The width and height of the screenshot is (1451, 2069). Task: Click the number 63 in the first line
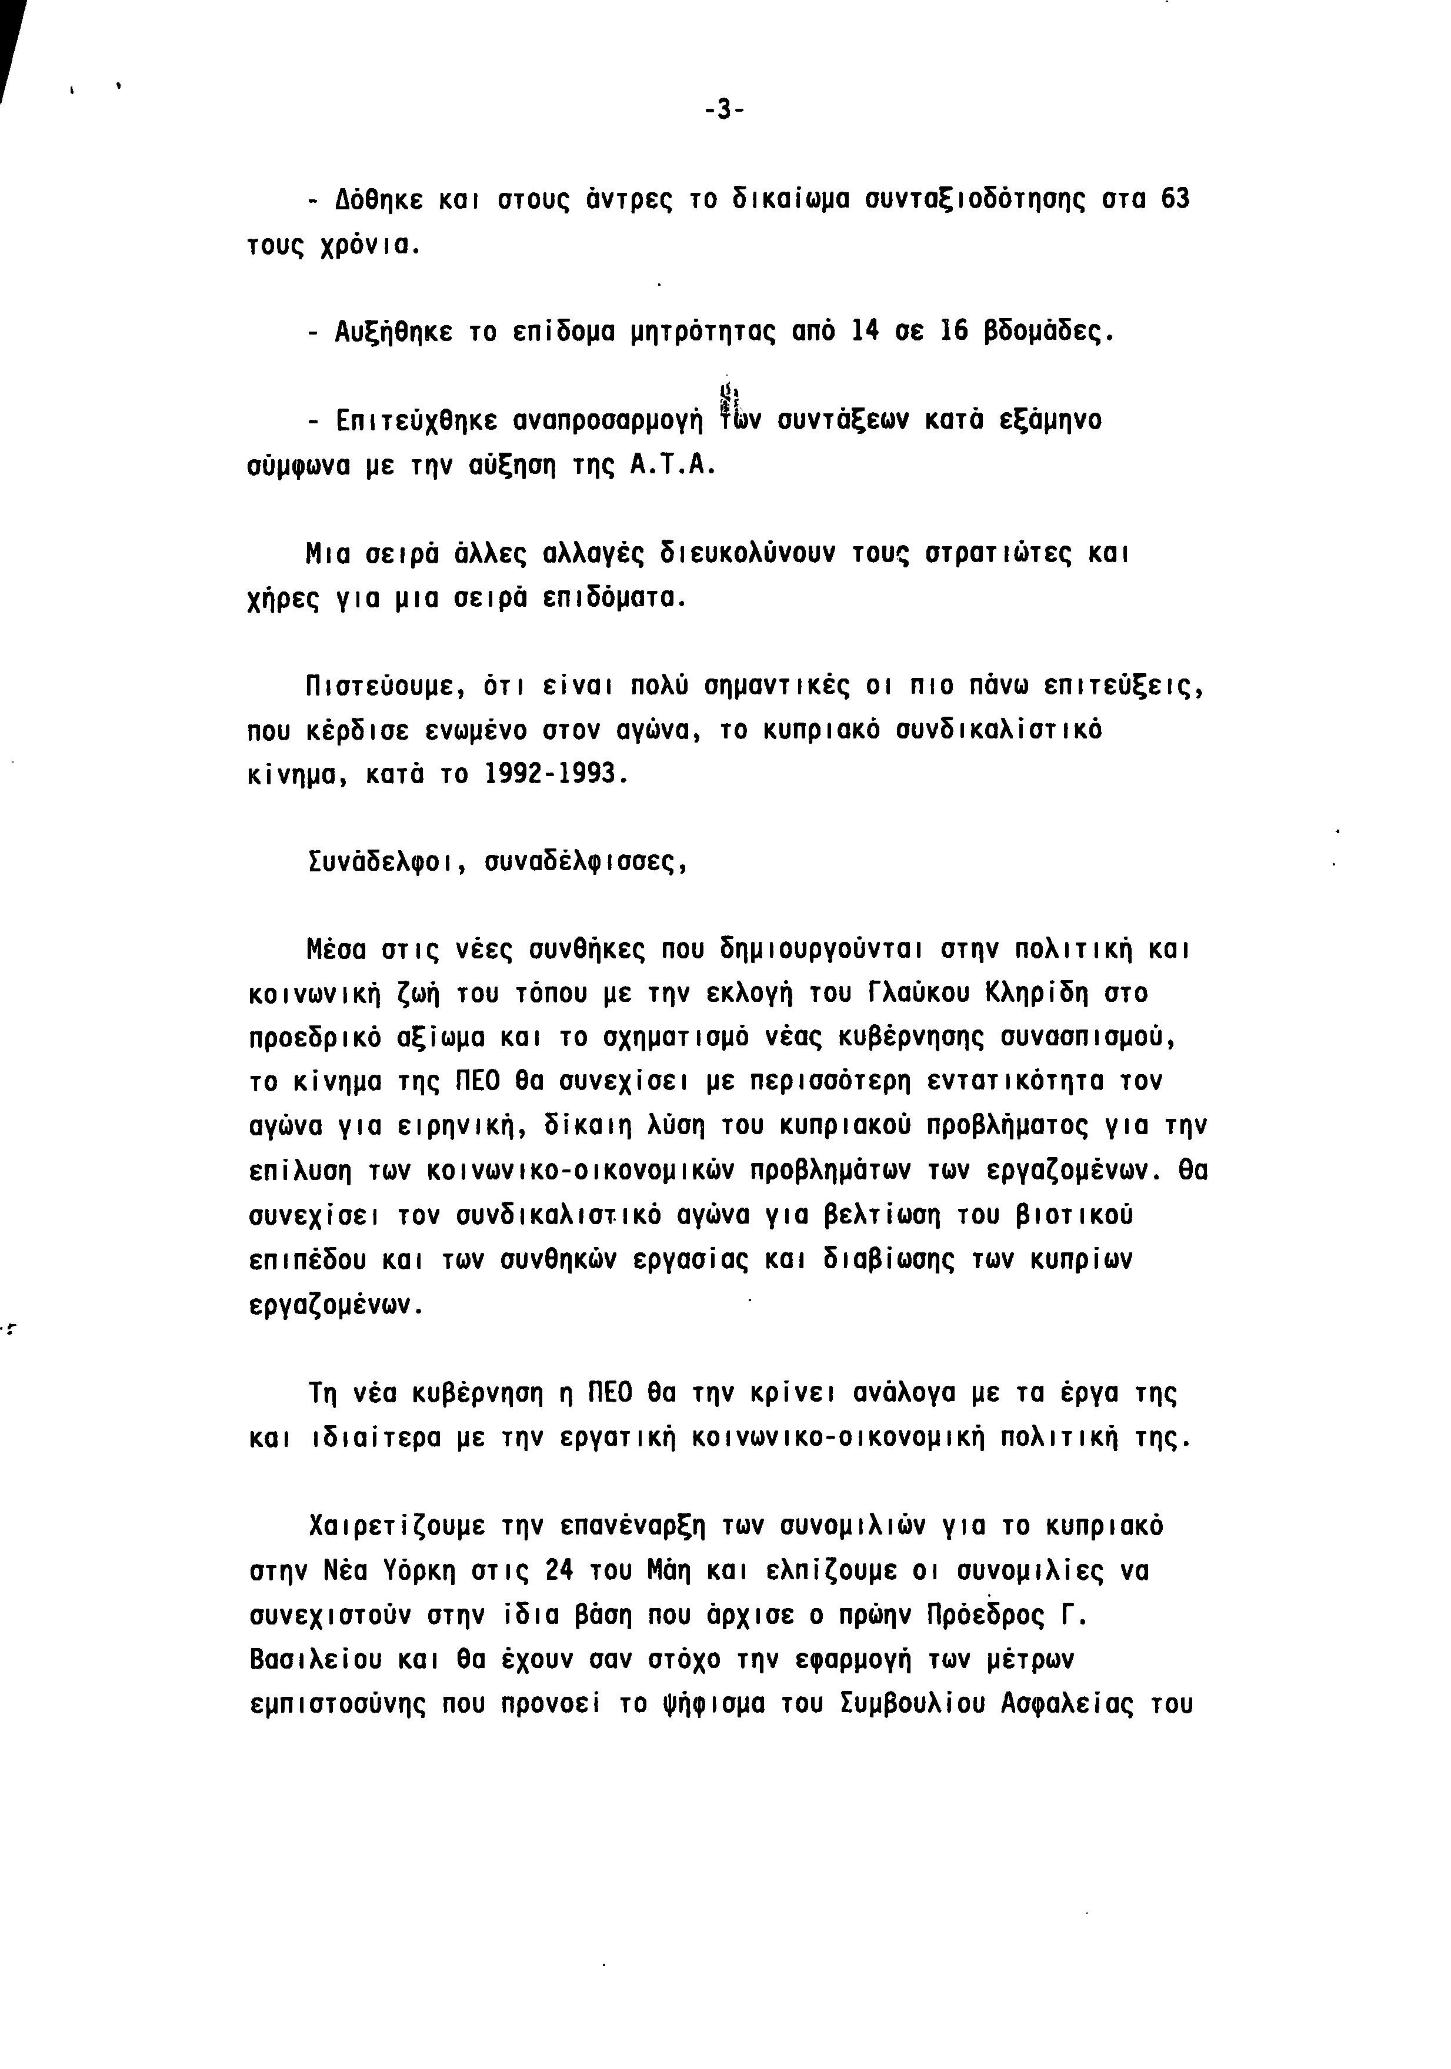tap(1175, 198)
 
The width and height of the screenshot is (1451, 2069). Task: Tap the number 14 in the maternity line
tap(864, 332)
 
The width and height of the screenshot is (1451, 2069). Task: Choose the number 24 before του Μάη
tap(561, 1570)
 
